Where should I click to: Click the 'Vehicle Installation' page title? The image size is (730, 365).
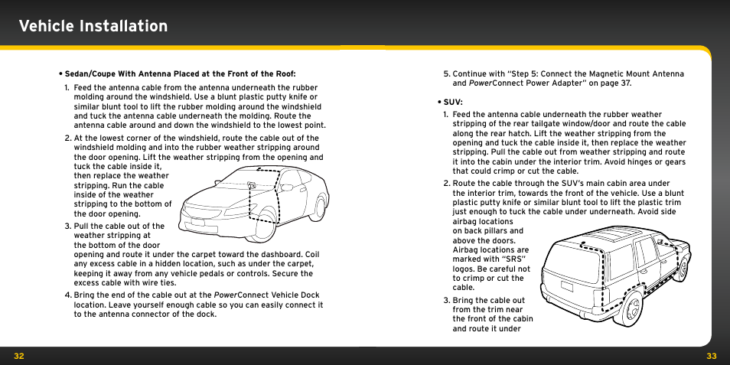[93, 26]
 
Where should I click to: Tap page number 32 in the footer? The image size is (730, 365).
[19, 356]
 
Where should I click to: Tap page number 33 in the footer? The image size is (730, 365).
[711, 356]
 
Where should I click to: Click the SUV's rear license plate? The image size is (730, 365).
[567, 288]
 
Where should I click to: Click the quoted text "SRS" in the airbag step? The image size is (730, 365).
[510, 259]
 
